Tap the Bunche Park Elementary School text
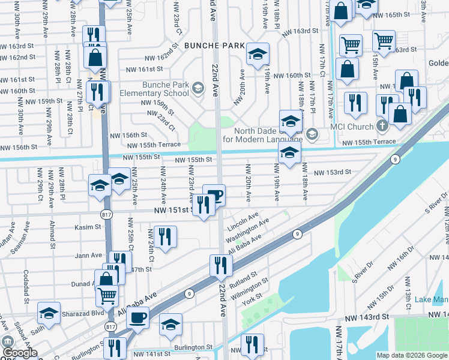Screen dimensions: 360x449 pos(154,89)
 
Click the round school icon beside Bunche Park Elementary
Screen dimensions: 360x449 pos(197,89)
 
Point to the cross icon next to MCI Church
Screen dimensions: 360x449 pos(381,127)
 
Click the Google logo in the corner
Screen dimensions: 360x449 pos(20,353)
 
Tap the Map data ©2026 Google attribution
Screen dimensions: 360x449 pos(411,355)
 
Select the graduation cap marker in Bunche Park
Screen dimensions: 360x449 pos(257,56)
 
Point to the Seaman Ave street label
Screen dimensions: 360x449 pos(26,239)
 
